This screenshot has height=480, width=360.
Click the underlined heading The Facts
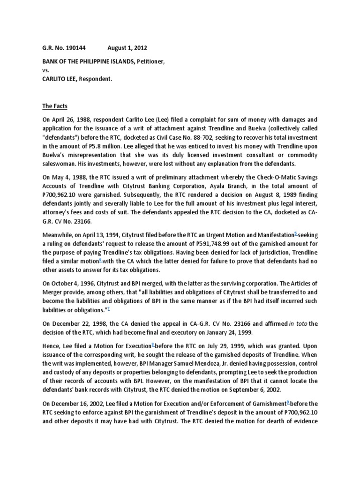(54, 106)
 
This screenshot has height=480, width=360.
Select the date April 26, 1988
(71, 120)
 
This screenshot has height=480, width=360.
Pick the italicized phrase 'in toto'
(299, 323)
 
